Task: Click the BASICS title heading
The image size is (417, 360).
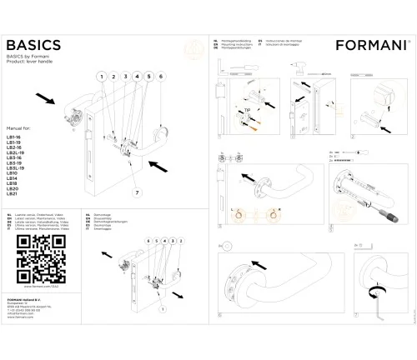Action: (33, 44)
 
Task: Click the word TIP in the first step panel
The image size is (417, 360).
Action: (248, 109)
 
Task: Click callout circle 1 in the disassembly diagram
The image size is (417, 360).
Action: (170, 239)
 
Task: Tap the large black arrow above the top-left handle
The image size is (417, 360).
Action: (48, 100)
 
